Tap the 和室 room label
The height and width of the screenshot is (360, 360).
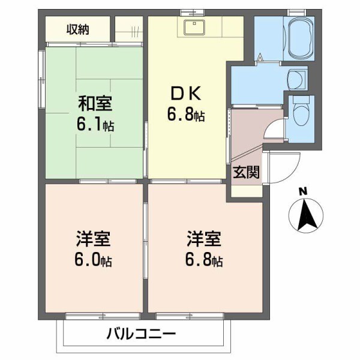[x=94, y=104]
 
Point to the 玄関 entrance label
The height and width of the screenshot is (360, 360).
[x=246, y=173]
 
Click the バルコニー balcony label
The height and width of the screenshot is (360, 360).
[x=142, y=334]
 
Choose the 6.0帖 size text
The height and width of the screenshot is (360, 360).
[x=94, y=262]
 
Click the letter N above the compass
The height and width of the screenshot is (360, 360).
[x=303, y=192]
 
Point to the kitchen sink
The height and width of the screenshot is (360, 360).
[x=194, y=27]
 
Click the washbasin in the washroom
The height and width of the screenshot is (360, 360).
[x=295, y=79]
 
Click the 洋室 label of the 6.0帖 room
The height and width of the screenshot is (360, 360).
[x=93, y=239]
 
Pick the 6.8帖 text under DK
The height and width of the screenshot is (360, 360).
[x=187, y=116]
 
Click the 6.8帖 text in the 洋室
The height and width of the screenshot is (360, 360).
[x=204, y=262]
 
